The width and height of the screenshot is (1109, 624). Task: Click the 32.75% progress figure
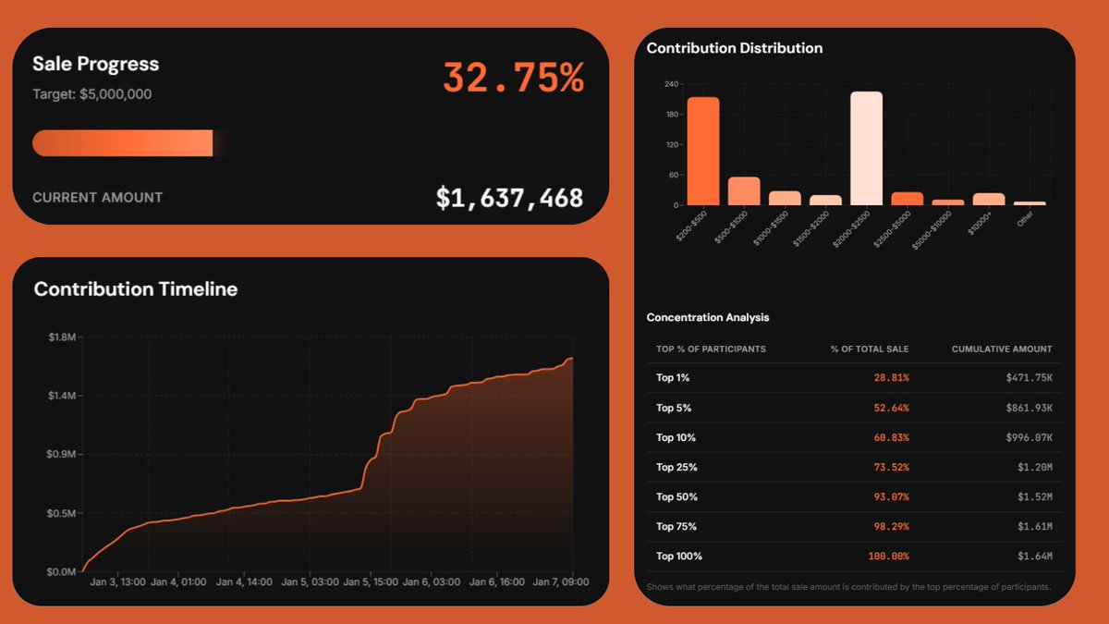pos(513,78)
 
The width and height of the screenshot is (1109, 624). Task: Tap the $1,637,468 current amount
pos(509,197)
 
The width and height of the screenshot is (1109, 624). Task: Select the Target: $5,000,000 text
pos(92,94)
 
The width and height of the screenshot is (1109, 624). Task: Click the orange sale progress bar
pos(123,143)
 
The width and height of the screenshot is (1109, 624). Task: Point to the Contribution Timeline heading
pos(136,289)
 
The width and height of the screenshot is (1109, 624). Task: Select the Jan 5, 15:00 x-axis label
pos(371,582)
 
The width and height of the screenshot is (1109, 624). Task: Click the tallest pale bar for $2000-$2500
pos(866,148)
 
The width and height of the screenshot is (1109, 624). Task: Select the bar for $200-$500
pos(703,152)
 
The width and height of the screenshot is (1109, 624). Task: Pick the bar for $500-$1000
pos(744,191)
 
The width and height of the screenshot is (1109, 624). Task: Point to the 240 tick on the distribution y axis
pos(672,84)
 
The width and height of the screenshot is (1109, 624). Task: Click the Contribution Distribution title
pos(735,48)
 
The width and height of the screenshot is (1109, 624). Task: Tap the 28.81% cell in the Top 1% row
pos(891,378)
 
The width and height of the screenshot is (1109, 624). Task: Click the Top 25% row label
pos(676,467)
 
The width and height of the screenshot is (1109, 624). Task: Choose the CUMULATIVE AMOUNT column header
pos(1002,349)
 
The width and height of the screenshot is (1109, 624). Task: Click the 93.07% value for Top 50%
pos(891,496)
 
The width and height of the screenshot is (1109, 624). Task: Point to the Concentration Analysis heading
pos(708,317)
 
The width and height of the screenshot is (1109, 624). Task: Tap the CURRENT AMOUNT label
pos(98,197)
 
